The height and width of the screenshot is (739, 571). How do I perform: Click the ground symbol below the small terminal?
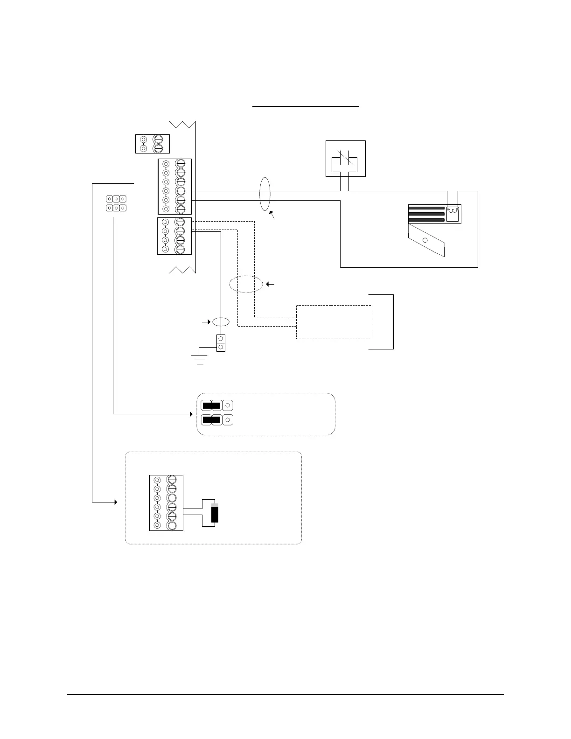click(x=201, y=358)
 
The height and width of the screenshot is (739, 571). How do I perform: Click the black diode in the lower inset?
click(x=215, y=513)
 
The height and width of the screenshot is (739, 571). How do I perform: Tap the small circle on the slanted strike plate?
click(x=425, y=241)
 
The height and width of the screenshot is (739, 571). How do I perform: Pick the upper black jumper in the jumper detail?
click(x=211, y=405)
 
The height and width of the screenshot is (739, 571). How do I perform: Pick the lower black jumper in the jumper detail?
click(x=211, y=419)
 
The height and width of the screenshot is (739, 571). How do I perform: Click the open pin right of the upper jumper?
click(x=227, y=405)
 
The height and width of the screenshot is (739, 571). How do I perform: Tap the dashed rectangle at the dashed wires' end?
click(x=334, y=322)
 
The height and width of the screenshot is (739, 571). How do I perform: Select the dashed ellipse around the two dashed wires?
click(x=246, y=284)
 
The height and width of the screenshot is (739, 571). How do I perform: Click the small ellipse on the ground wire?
click(x=221, y=322)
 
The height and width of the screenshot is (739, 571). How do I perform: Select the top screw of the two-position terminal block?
click(x=159, y=139)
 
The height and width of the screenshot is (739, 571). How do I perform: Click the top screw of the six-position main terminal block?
click(x=181, y=164)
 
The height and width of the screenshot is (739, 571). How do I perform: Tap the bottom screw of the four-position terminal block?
click(x=181, y=249)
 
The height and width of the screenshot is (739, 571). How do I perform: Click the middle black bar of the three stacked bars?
click(x=426, y=214)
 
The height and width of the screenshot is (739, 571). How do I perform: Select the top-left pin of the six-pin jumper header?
click(x=109, y=199)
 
